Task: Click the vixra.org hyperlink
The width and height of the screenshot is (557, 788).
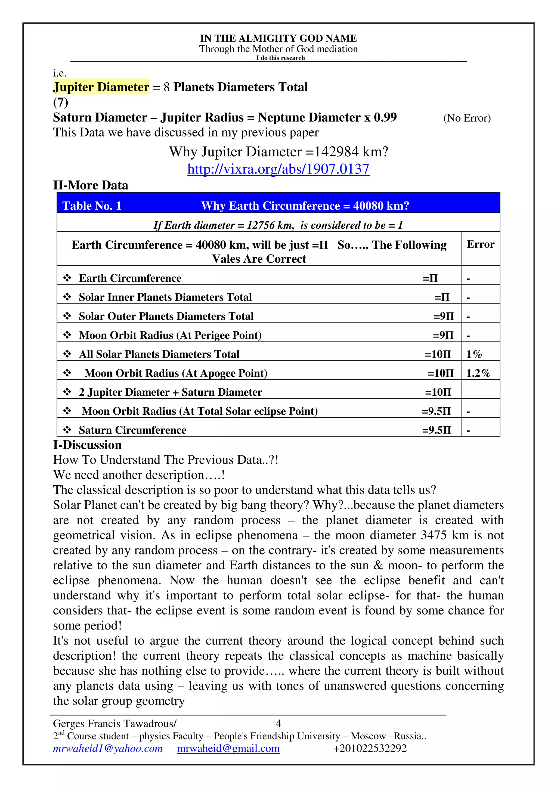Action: tap(278, 169)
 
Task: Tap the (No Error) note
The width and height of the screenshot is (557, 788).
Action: tap(467, 118)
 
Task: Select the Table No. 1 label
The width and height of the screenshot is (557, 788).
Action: tap(92, 206)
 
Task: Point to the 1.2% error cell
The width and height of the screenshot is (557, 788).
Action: tap(478, 373)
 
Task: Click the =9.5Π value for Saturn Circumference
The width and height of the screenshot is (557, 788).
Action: tap(436, 430)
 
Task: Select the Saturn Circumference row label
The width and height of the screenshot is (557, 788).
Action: tap(132, 430)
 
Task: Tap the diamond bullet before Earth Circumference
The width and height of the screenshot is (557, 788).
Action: tap(67, 278)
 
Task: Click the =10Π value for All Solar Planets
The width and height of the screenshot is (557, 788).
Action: tap(438, 354)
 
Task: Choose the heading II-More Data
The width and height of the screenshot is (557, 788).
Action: tap(91, 185)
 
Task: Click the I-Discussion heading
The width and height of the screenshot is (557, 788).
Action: tap(87, 445)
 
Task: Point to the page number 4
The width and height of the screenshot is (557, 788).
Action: tap(278, 724)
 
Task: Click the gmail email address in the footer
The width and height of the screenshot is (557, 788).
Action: tap(228, 749)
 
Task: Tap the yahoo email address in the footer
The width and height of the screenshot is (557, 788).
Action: tap(108, 749)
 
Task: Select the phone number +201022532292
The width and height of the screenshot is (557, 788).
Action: tap(370, 749)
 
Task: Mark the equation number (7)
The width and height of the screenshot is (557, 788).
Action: tap(60, 102)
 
